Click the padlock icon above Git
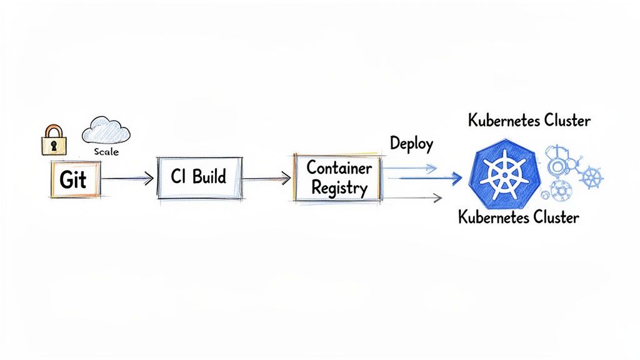click(54, 140)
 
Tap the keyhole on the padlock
click(54, 145)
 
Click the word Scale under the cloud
click(107, 152)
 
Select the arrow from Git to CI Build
click(127, 179)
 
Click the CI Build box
click(198, 177)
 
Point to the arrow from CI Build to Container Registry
click(266, 179)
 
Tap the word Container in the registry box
click(339, 168)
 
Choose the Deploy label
click(411, 143)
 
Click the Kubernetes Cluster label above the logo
click(529, 121)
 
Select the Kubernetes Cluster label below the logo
click(518, 217)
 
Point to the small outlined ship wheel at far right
click(591, 177)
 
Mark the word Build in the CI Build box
click(209, 177)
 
